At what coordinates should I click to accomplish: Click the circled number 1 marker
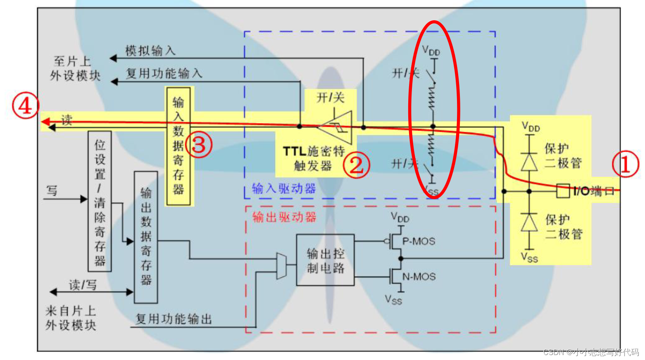point(625,164)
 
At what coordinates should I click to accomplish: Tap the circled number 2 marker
point(357,165)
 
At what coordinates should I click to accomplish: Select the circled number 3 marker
point(199,145)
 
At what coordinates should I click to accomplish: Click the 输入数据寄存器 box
point(178,146)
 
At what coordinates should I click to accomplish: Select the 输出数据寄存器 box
point(146,237)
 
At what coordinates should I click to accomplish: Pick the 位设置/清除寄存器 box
point(100,201)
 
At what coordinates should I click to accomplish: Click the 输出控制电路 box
point(325,260)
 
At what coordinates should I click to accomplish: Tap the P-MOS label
point(419,241)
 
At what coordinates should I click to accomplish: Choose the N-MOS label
point(419,277)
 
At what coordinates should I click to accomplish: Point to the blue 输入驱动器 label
point(284,189)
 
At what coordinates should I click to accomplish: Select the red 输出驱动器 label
point(284,217)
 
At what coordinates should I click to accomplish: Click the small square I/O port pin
point(563,191)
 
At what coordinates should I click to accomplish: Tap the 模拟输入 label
point(150,51)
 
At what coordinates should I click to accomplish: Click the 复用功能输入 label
point(164,74)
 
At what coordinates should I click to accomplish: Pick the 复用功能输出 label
point(174,319)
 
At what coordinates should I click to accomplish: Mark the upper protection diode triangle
point(529,162)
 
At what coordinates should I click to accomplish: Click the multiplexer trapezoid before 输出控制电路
point(281,266)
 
